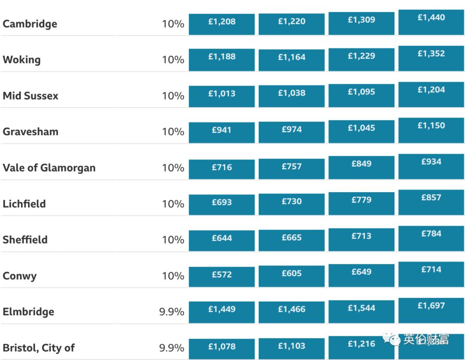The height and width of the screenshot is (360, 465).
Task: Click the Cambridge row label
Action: [30, 24]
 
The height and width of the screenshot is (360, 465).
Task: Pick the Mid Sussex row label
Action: [30, 96]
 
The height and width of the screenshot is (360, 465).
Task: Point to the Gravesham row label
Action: [30, 131]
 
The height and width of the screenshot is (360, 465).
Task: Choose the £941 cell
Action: [222, 131]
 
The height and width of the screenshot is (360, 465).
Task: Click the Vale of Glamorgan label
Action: [49, 168]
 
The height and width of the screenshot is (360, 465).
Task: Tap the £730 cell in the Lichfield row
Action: [291, 203]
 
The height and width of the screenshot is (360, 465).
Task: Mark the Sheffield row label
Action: [25, 239]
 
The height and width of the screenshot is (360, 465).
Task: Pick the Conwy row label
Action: [19, 276]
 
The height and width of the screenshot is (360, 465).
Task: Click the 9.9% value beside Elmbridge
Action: [171, 312]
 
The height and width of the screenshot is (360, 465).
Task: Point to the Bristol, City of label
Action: [39, 348]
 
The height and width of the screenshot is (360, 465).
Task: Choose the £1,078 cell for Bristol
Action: [222, 347]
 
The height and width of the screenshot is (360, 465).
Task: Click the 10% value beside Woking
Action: [173, 59]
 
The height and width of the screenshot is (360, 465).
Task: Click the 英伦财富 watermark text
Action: [426, 340]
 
